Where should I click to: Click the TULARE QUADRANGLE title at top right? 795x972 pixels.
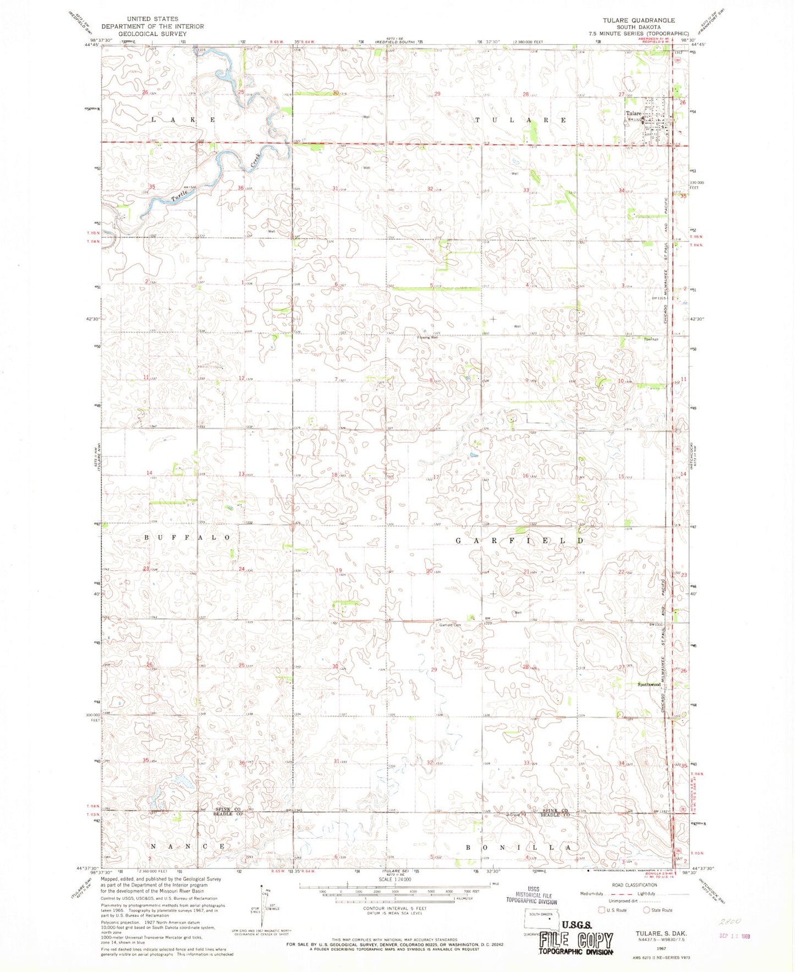coord(638,20)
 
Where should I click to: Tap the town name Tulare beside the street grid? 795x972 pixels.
coord(633,114)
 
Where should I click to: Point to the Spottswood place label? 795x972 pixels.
coord(649,685)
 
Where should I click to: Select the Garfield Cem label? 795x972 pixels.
coord(449,625)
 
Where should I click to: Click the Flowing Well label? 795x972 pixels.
coord(427,337)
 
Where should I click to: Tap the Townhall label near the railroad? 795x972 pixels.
coord(651,340)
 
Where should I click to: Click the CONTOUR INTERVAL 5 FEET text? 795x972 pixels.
coord(397,908)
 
